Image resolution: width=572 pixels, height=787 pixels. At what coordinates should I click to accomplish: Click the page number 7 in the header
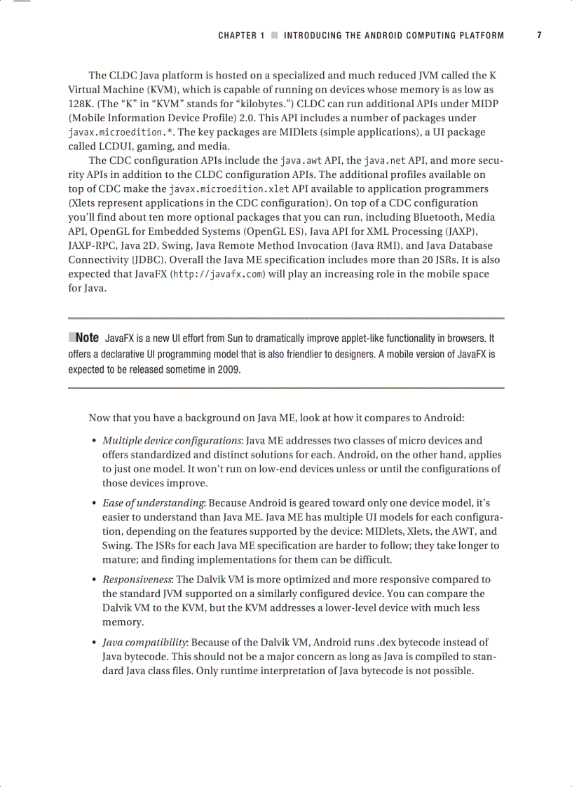pyautogui.click(x=539, y=35)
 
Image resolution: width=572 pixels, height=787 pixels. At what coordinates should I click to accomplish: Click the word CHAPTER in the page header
pyautogui.click(x=237, y=35)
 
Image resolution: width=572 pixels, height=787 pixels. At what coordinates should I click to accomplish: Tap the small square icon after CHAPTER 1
pyautogui.click(x=275, y=35)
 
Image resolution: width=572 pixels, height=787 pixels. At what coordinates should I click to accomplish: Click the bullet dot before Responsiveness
pyautogui.click(x=94, y=580)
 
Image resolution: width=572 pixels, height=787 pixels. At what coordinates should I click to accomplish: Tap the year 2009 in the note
pyautogui.click(x=230, y=369)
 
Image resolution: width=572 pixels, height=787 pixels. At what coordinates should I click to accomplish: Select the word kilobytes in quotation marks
pyautogui.click(x=241, y=104)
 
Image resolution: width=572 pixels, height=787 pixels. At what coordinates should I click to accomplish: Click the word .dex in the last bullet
pyautogui.click(x=388, y=642)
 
